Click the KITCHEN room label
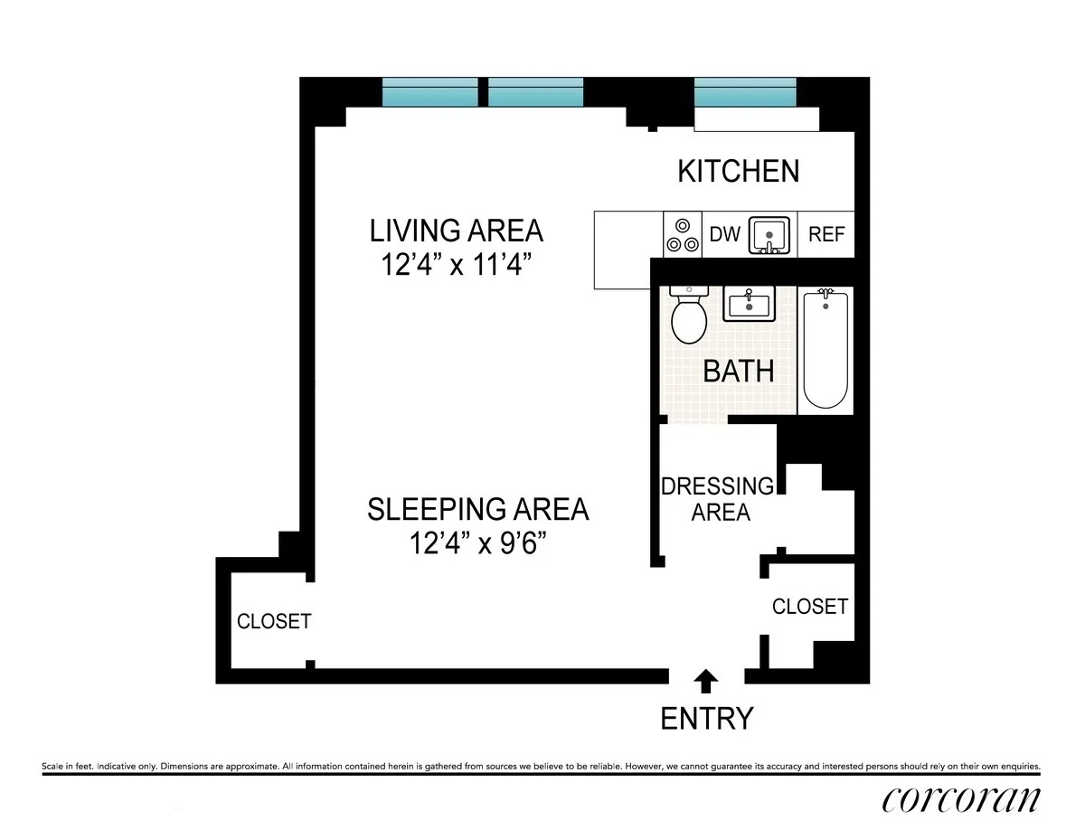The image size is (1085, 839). [739, 171]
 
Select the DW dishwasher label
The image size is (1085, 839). [724, 234]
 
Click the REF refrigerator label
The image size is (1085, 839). [826, 234]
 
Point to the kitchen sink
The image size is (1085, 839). [769, 235]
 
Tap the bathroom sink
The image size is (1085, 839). [747, 304]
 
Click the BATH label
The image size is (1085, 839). [739, 371]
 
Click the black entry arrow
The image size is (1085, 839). [706, 679]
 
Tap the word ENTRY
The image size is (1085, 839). [706, 719]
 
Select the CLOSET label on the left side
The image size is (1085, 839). [273, 621]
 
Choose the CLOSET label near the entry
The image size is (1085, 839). [809, 606]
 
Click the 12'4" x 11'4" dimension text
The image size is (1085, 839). [456, 267]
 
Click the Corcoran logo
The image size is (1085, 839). [960, 800]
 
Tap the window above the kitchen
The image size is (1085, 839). [745, 92]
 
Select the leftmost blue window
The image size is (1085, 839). [429, 92]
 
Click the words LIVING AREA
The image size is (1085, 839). [456, 231]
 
